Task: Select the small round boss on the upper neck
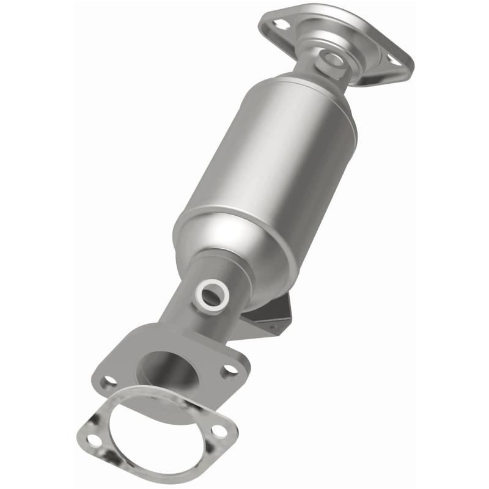point(333,59)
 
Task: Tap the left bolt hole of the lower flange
point(110,380)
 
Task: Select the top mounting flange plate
point(367,37)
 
